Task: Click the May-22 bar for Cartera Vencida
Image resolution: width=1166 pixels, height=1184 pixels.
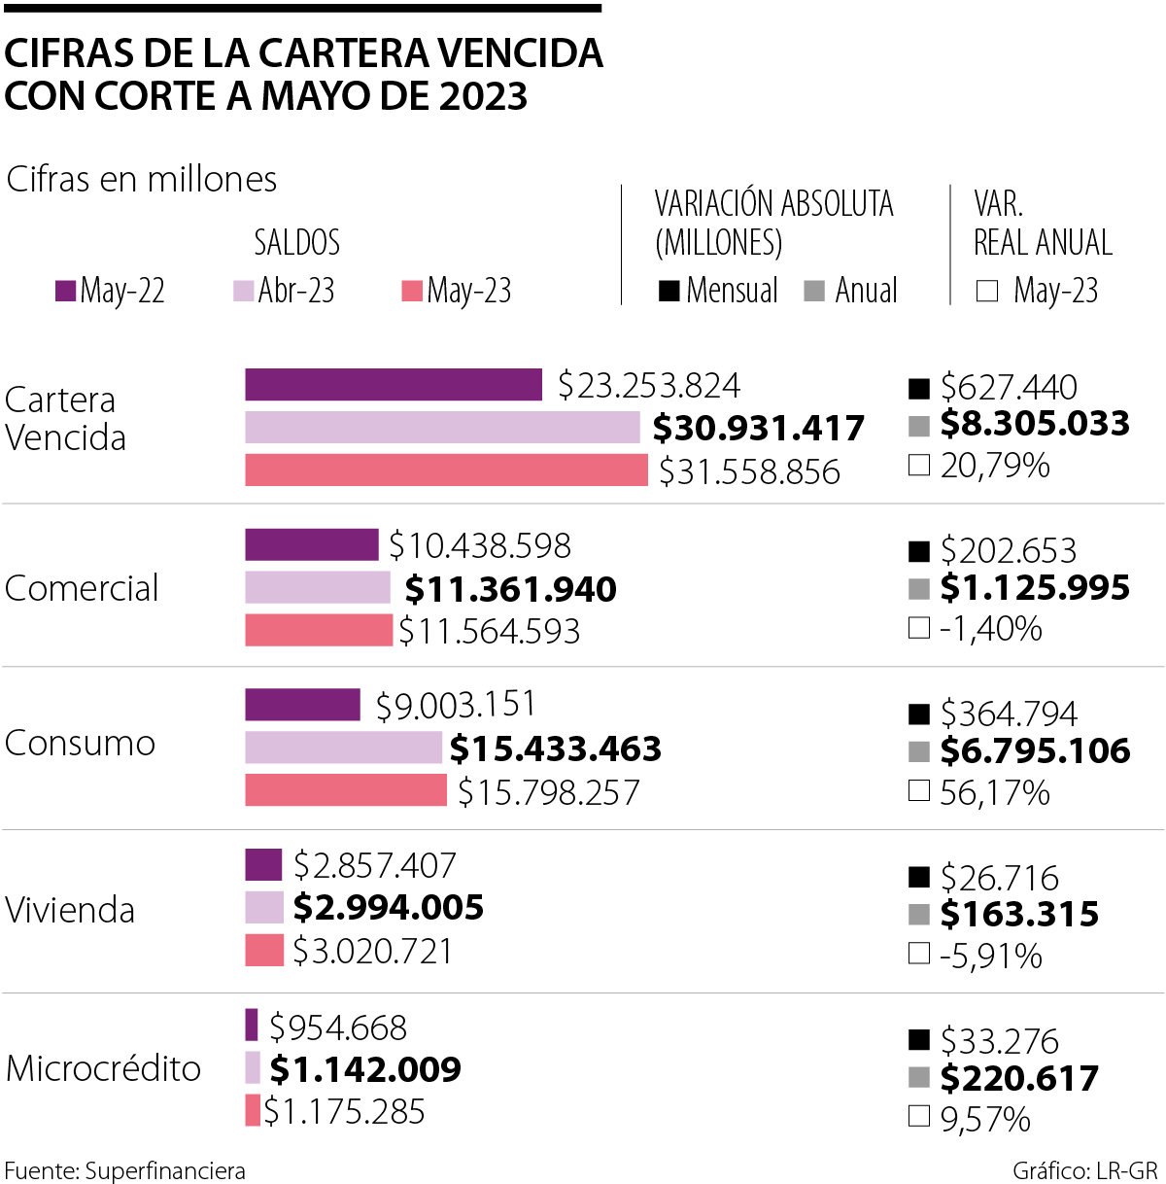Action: (393, 385)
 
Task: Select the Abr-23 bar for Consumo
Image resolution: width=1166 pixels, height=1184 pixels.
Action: (343, 748)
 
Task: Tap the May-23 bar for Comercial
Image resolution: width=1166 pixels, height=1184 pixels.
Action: (319, 630)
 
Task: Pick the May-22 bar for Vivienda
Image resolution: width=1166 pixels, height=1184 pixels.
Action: (263, 864)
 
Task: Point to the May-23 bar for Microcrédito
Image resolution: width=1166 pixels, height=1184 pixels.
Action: (253, 1110)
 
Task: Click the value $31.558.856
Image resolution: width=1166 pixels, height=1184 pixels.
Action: (749, 471)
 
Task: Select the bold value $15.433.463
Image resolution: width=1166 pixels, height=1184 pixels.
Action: (555, 749)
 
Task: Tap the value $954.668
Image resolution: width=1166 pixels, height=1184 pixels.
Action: (338, 1027)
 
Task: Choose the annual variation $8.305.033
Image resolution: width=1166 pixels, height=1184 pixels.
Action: (1035, 424)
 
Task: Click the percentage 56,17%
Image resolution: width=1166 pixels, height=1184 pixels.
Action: (994, 793)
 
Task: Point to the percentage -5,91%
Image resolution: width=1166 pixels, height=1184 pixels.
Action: (990, 957)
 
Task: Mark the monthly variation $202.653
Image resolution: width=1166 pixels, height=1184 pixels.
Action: (1008, 551)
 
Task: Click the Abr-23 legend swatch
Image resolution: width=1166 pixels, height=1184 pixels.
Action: (243, 291)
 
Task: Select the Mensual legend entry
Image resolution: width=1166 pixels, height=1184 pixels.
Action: (719, 291)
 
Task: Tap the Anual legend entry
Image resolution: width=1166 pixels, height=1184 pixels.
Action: (852, 291)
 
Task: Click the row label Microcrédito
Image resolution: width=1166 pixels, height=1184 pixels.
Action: (103, 1068)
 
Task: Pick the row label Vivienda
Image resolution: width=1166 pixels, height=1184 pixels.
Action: (70, 910)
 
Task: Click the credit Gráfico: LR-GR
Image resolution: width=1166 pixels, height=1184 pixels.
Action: (1084, 1170)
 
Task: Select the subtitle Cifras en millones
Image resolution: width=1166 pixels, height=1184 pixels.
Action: (142, 180)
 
